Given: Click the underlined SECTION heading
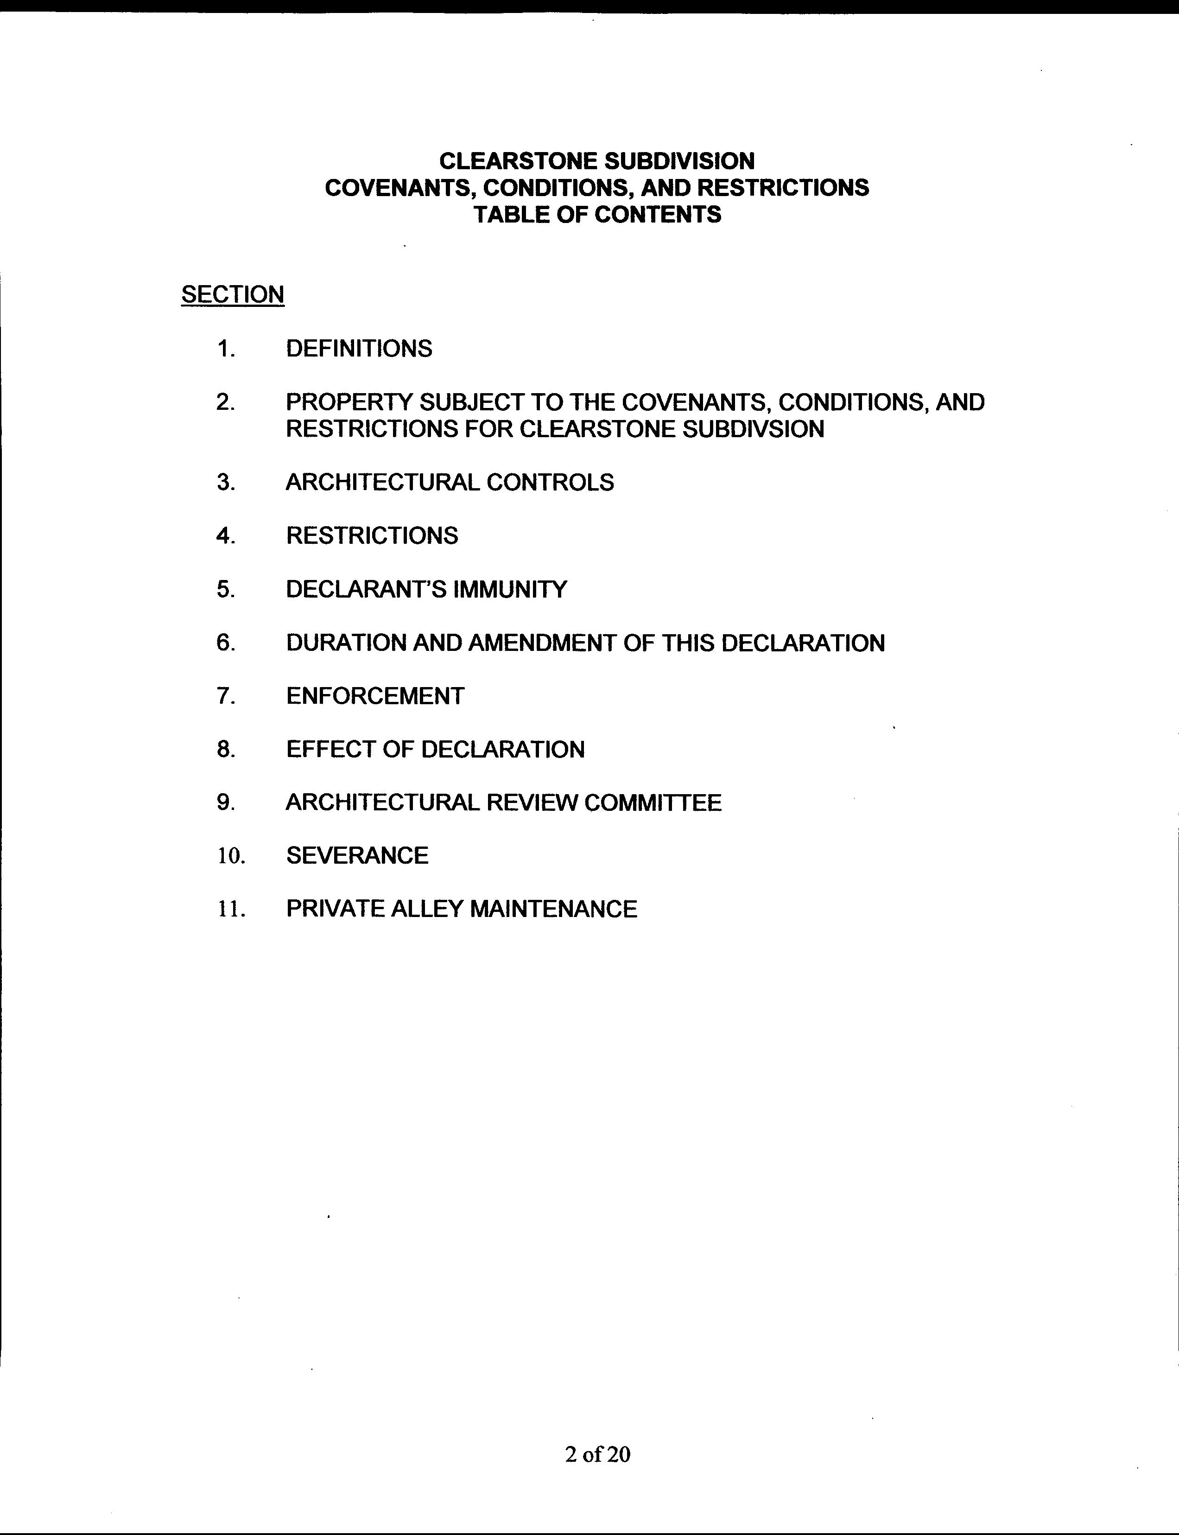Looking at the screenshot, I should point(232,294).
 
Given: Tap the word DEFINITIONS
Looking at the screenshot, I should point(359,348).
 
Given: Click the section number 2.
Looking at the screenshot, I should point(225,402).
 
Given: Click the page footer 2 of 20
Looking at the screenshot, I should point(597,1454).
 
